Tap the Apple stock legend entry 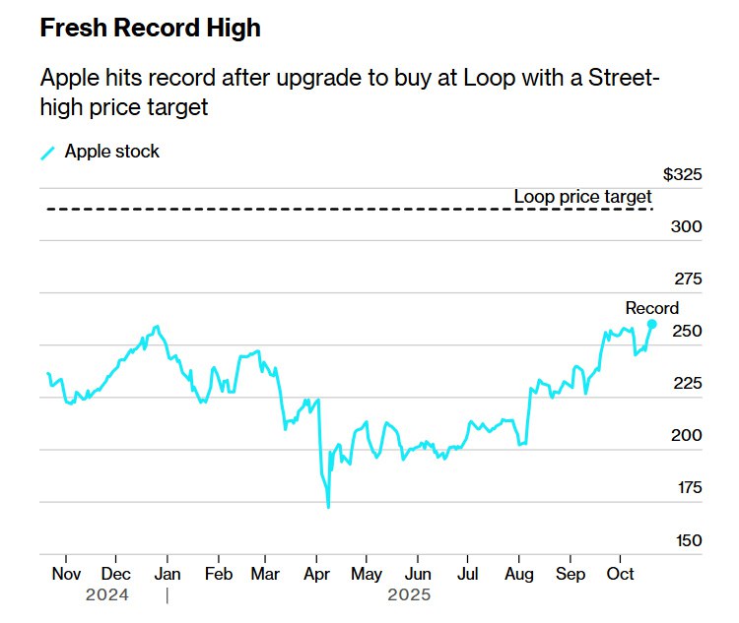111,152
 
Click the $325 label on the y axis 682,175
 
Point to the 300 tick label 686,226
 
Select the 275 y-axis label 686,279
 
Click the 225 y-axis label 686,383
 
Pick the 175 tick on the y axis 686,488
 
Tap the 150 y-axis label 686,540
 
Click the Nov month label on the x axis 65,574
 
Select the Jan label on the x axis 168,574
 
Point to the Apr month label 317,574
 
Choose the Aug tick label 519,574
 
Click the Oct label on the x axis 621,574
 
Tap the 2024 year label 107,595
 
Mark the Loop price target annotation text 582,197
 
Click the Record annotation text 651,308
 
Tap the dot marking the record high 651,324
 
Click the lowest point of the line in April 328,507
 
